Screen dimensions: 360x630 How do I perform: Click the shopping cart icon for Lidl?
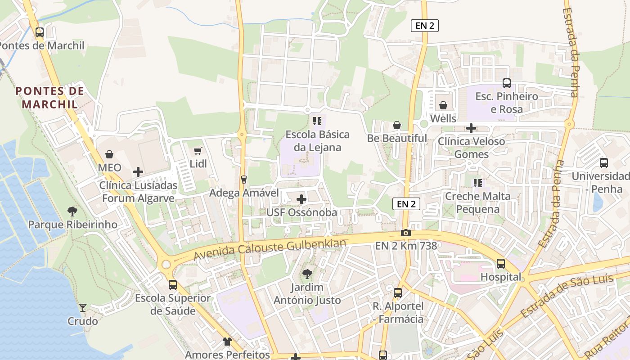point(198,151)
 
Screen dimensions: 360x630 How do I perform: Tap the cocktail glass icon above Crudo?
point(83,308)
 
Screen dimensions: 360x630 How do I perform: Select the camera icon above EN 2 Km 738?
point(406,233)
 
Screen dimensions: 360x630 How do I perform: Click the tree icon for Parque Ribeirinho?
point(72,211)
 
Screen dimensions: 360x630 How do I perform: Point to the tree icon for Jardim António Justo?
point(307,274)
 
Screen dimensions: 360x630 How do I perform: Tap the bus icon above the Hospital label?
point(501,263)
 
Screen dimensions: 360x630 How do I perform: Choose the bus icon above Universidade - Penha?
point(604,162)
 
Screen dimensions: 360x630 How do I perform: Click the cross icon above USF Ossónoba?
point(301,199)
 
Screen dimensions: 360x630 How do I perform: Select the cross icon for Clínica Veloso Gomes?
point(471,128)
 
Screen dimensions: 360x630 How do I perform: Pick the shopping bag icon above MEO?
point(109,154)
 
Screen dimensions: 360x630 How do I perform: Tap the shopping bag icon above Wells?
point(443,105)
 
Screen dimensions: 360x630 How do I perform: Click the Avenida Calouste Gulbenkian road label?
point(270,249)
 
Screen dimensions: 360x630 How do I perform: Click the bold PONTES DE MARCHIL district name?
point(50,98)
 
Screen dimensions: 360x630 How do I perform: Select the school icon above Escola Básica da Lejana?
point(317,121)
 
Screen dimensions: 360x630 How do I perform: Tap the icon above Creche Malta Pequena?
point(477,183)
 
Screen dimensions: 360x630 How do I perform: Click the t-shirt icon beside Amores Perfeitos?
point(227,342)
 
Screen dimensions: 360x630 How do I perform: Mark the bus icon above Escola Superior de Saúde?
point(173,284)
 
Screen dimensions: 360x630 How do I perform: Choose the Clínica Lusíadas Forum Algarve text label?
point(138,192)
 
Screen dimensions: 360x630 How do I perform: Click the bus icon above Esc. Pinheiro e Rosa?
point(507,83)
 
